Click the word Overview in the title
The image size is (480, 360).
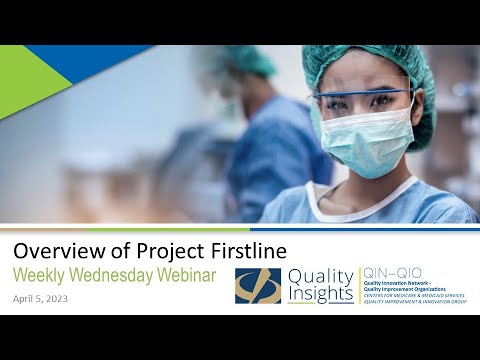(50, 250)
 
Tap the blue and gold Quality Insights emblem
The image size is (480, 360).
(257, 285)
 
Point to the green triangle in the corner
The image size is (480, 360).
(25, 80)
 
